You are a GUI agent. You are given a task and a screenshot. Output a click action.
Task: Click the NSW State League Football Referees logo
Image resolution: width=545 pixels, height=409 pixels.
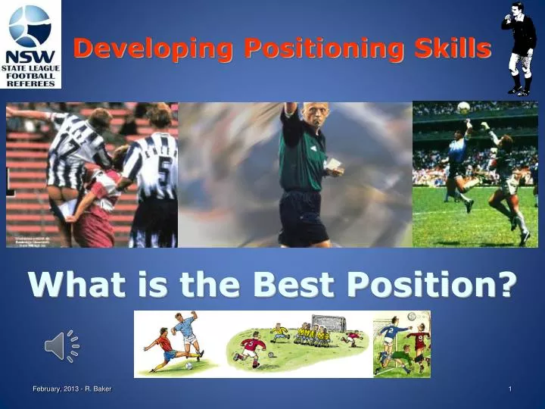(30, 45)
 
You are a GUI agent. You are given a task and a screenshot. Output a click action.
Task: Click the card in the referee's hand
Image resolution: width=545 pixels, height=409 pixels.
(332, 163)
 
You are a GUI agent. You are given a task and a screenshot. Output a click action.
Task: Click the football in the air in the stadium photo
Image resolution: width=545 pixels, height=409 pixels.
(463, 108)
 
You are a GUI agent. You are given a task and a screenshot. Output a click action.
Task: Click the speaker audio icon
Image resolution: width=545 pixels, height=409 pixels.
(61, 346)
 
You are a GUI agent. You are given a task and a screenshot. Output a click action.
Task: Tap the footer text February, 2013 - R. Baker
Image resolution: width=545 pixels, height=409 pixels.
(72, 389)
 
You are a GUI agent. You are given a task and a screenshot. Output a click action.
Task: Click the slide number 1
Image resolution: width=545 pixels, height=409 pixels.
(510, 389)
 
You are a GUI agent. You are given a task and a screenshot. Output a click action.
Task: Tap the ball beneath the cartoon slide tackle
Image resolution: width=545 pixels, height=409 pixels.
(189, 366)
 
